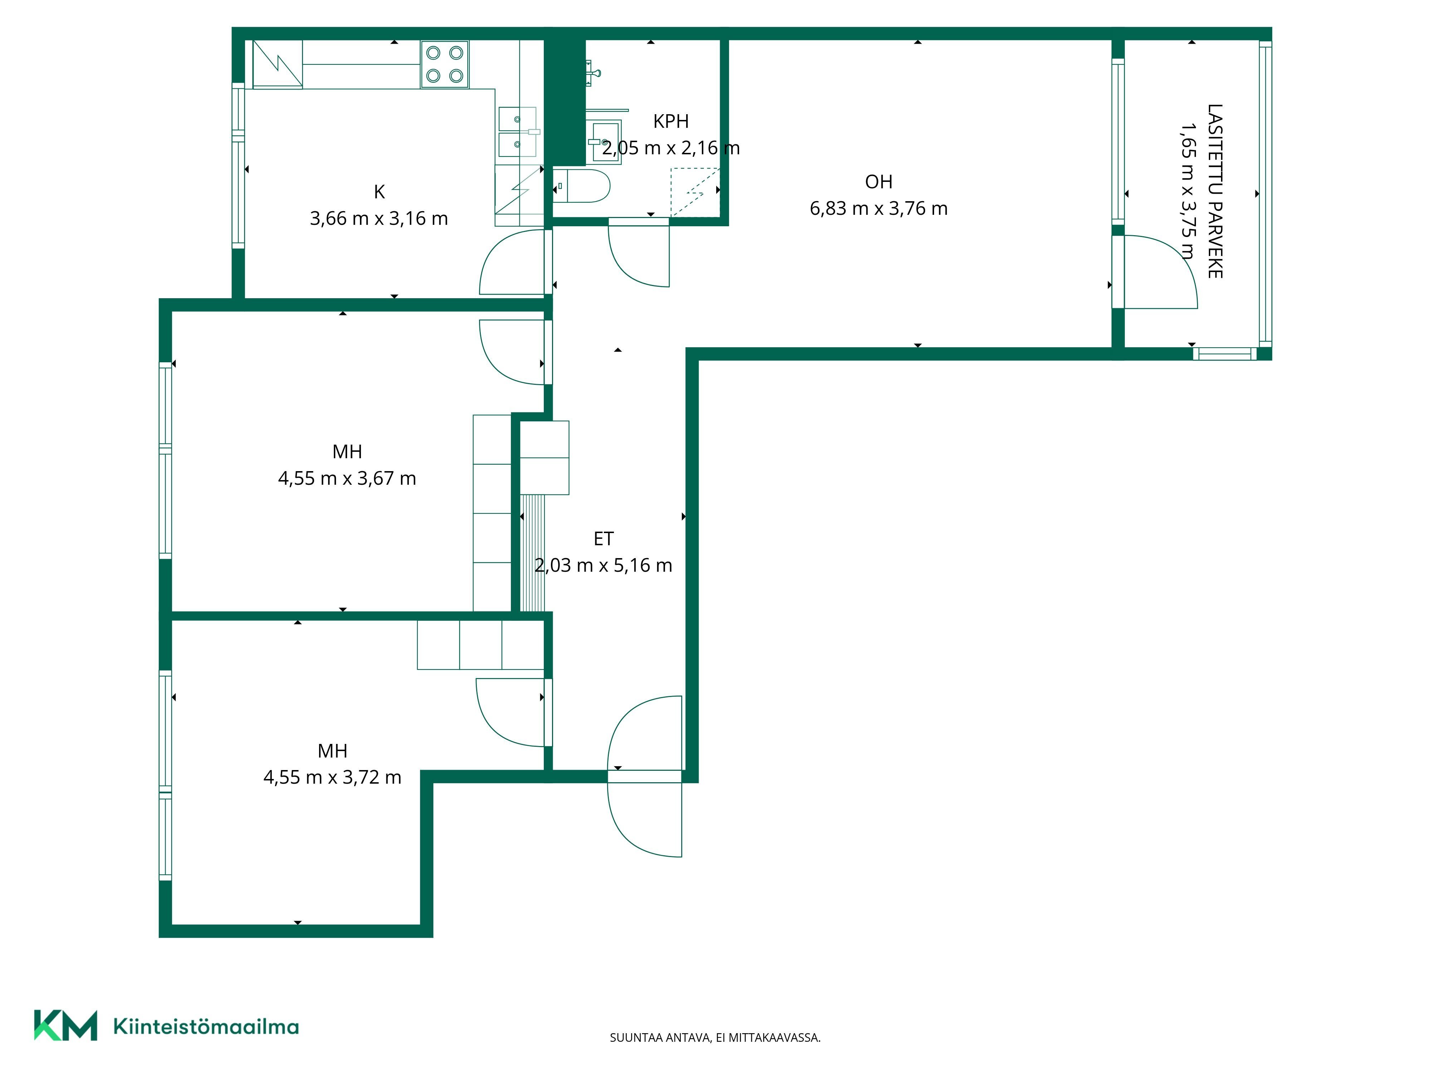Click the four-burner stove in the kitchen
coord(445,64)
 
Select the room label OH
coord(879,182)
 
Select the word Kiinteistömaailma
coord(206,1027)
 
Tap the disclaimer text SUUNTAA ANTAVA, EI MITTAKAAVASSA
coord(715,1038)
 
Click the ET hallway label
coord(603,539)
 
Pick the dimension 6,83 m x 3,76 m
coord(879,208)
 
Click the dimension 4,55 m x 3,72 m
coord(332,778)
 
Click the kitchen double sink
coord(518,132)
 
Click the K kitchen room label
coord(380,192)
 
